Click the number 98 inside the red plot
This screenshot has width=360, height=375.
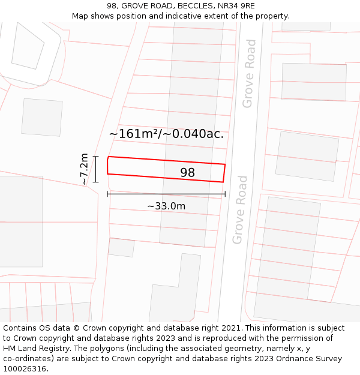pyautogui.click(x=187, y=173)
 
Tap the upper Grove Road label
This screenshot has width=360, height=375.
pyautogui.click(x=249, y=73)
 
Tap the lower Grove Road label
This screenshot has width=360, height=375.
pyautogui.click(x=240, y=209)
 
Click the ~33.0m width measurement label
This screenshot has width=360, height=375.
pyautogui.click(x=166, y=206)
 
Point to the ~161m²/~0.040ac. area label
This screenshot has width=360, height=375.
pyautogui.click(x=166, y=134)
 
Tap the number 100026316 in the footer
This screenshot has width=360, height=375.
pyautogui.click(x=25, y=369)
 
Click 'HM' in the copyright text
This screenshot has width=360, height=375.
pyautogui.click(x=10, y=349)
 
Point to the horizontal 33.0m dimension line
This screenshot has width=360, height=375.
pyautogui.click(x=166, y=194)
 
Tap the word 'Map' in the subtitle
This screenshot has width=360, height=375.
pyautogui.click(x=81, y=16)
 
